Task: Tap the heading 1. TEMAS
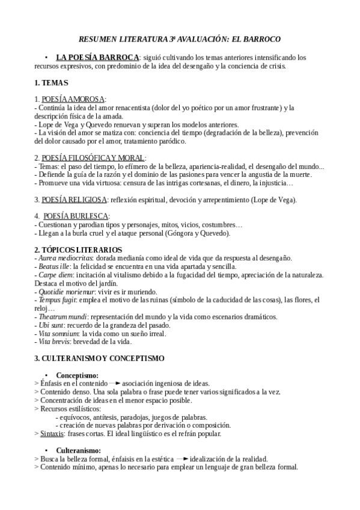pos(51,82)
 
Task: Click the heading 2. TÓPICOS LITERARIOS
pos(78,250)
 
